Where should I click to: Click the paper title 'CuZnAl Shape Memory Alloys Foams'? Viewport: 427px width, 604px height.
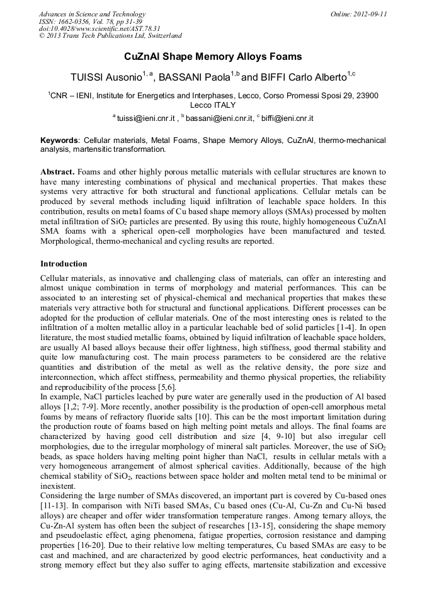coord(213,57)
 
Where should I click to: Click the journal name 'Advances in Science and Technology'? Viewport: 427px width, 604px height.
coord(92,14)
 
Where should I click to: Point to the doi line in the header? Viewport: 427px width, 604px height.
coord(99,28)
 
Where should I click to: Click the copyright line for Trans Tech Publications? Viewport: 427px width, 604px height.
coord(110,36)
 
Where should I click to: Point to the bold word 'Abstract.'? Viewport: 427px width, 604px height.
coord(58,172)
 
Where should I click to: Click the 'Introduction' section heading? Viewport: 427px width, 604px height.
coord(64,263)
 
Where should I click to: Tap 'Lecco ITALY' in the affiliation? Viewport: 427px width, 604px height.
coord(213,105)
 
